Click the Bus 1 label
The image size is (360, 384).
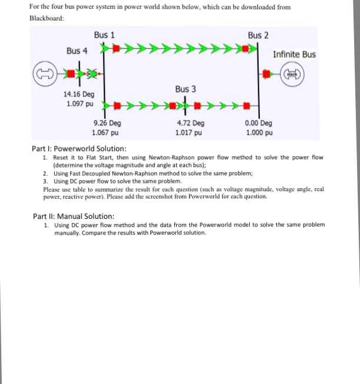pyautogui.click(x=104, y=35)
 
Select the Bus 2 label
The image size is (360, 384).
pyautogui.click(x=258, y=35)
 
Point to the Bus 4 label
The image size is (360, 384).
pyautogui.click(x=77, y=51)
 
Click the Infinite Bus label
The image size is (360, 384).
pyautogui.click(x=294, y=54)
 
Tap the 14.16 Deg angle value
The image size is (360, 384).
pyautogui.click(x=78, y=94)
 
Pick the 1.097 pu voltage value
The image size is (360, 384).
pyautogui.click(x=78, y=103)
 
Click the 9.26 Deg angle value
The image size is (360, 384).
pyautogui.click(x=107, y=123)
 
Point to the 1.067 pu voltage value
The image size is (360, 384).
pyautogui.click(x=107, y=133)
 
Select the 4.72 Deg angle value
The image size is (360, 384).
pyautogui.click(x=190, y=123)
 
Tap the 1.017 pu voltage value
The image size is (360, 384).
pyautogui.click(x=190, y=133)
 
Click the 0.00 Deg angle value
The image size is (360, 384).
pyautogui.click(x=258, y=123)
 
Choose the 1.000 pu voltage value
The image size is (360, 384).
pyautogui.click(x=258, y=133)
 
